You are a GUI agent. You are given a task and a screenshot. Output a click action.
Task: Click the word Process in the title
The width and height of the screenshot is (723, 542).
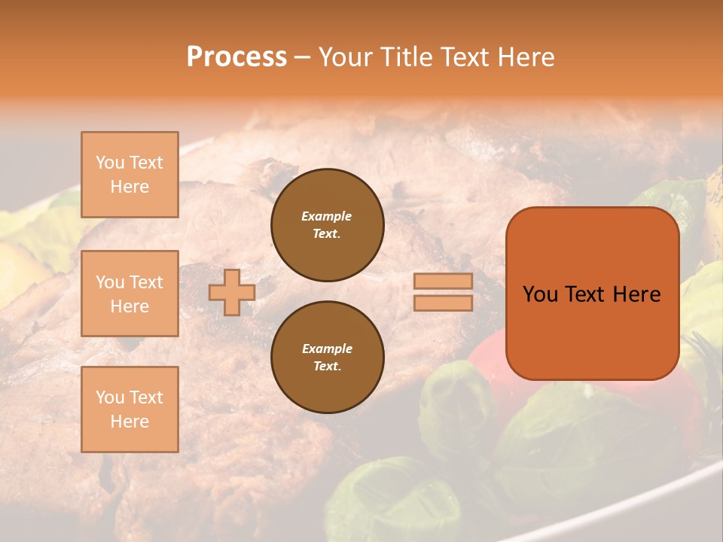tap(236, 57)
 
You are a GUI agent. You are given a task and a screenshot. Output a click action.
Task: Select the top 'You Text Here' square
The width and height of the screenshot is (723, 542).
tap(130, 175)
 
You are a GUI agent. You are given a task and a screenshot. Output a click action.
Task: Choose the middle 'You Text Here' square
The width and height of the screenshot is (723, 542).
tap(130, 294)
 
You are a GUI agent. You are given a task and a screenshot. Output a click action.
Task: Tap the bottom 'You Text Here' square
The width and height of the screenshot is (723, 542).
tap(130, 409)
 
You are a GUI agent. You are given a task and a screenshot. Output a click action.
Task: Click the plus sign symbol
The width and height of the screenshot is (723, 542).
tap(232, 292)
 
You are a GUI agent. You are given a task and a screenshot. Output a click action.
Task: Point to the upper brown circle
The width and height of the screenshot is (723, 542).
tap(327, 224)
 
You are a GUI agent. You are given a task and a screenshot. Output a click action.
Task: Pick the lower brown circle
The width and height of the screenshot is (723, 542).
tap(327, 357)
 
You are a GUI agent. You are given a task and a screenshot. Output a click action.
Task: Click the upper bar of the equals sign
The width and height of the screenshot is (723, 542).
tap(443, 281)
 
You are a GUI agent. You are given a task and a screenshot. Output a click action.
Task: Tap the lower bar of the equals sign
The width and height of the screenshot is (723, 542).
tap(443, 303)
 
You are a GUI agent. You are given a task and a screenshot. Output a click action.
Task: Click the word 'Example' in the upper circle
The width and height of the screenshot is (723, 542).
tap(327, 216)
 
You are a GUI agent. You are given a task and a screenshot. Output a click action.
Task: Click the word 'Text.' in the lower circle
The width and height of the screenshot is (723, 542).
tap(327, 366)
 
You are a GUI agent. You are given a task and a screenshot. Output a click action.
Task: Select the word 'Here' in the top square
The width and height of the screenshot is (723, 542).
tap(130, 187)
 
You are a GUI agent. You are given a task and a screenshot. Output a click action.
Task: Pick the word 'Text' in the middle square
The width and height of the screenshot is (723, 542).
tap(145, 282)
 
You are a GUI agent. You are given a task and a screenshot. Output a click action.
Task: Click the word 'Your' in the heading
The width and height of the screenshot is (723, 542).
tap(345, 57)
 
